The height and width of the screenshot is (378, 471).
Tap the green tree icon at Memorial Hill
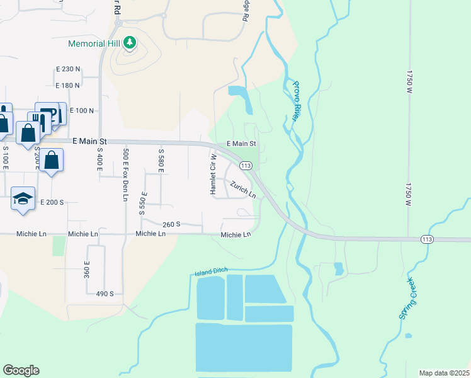(130, 43)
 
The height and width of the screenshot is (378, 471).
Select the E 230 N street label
(68, 69)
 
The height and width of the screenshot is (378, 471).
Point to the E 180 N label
(68, 85)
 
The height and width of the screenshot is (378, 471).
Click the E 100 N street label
(81, 110)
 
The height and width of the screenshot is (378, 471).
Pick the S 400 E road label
(99, 163)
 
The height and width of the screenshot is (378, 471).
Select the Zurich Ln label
(242, 190)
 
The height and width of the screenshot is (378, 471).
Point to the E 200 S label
(52, 202)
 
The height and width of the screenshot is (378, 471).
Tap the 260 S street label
(171, 224)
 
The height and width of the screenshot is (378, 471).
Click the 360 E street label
(88, 270)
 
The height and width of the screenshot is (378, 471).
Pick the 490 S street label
(105, 294)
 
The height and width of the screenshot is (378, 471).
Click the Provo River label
(297, 100)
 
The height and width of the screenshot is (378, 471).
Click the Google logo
(21, 370)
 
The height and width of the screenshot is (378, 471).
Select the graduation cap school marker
(23, 198)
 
